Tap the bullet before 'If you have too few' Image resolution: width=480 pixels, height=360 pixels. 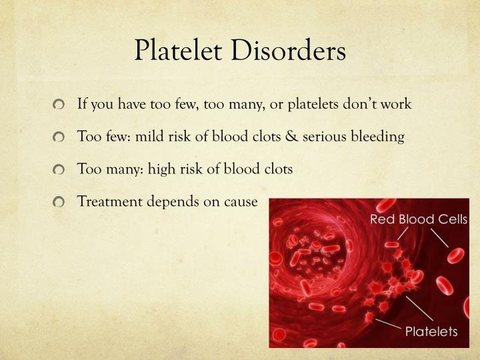click(62, 105)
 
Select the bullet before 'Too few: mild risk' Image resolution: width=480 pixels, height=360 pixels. click(62, 137)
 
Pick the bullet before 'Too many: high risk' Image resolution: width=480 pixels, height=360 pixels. click(62, 169)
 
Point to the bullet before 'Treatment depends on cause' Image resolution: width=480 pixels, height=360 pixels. click(62, 201)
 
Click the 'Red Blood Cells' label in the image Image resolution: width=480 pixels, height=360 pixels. click(419, 219)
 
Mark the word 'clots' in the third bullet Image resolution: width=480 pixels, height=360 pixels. click(277, 169)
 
